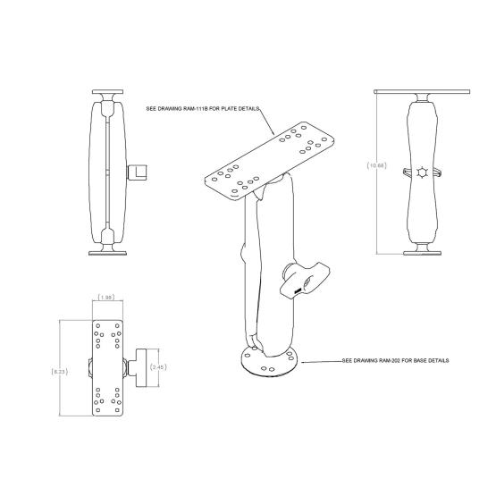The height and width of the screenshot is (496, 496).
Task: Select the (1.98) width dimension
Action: [105, 298]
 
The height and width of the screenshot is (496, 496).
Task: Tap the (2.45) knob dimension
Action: [159, 366]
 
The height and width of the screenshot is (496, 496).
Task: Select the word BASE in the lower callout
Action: [413, 361]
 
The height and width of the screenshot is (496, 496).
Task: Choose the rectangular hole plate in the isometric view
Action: [270, 158]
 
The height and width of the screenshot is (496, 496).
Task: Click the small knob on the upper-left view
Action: [137, 170]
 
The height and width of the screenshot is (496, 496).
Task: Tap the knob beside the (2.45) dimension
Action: [140, 365]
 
